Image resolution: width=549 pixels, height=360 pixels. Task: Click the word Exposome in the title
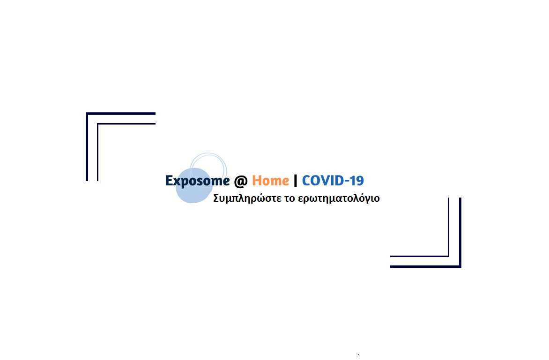pos(198,181)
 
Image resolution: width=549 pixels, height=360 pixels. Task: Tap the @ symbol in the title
pos(241,181)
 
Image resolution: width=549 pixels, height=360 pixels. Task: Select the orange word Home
pos(271,181)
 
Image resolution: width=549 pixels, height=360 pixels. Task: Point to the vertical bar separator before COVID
pos(296,181)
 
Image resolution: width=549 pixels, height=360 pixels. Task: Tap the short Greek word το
pos(289,198)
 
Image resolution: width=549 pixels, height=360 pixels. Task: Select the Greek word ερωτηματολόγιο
pos(339,198)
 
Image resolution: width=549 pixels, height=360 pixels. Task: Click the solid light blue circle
pos(193,186)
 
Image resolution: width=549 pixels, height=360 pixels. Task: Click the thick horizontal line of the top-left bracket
pos(121,114)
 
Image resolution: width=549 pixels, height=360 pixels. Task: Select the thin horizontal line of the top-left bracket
pos(126,124)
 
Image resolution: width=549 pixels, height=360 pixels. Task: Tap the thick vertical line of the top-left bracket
pos(87,147)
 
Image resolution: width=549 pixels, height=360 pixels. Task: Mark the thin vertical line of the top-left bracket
pos(98,152)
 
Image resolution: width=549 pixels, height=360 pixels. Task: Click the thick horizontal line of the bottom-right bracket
pos(426,266)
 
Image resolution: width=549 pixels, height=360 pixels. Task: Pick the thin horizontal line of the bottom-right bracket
pos(420,256)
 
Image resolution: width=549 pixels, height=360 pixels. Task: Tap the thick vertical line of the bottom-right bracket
pos(460,233)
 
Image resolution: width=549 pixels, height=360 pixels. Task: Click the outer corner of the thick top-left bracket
pos(86,113)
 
